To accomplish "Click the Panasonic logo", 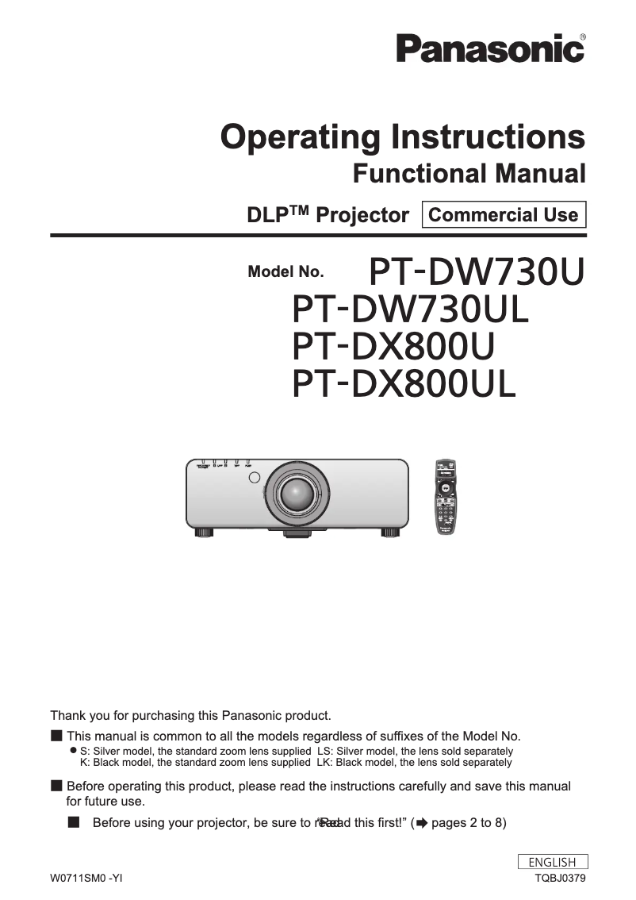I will coord(490,48).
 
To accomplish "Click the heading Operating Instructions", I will coord(403,137).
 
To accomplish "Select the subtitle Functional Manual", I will coord(469,172).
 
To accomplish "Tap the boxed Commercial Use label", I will coord(503,215).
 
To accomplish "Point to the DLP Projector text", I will coord(328,215).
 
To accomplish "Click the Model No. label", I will coord(285,272).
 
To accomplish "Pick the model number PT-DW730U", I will coord(477,272).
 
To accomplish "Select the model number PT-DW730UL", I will coord(410,310).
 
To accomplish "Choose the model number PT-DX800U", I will coord(393,347).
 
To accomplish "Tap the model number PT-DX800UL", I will coord(404,384).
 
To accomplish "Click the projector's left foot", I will coord(205,533).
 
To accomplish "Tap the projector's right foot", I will coord(390,533).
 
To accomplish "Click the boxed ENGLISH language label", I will coord(552,862).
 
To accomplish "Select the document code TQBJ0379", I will coord(560,878).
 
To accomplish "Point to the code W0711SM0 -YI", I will coord(86,878).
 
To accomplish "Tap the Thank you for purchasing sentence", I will coord(190,715).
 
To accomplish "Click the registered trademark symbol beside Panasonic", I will coord(583,37).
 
